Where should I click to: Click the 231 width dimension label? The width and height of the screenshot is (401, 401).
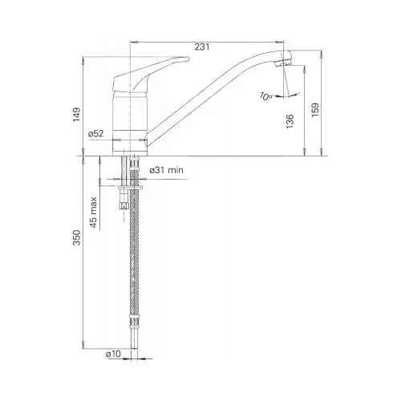click(202, 47)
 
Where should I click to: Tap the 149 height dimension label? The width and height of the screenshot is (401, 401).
click(77, 115)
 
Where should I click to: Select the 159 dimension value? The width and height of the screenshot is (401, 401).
click(315, 110)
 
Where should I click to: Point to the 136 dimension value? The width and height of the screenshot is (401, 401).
click(290, 121)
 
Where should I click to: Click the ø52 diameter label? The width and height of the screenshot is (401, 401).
click(95, 134)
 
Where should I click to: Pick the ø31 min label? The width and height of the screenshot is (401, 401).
click(167, 170)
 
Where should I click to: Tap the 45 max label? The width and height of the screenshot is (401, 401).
click(93, 213)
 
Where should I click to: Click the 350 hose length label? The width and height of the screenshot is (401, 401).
click(77, 237)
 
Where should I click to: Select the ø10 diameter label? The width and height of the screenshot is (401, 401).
click(113, 354)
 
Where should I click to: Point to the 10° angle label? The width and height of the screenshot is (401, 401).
click(265, 96)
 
